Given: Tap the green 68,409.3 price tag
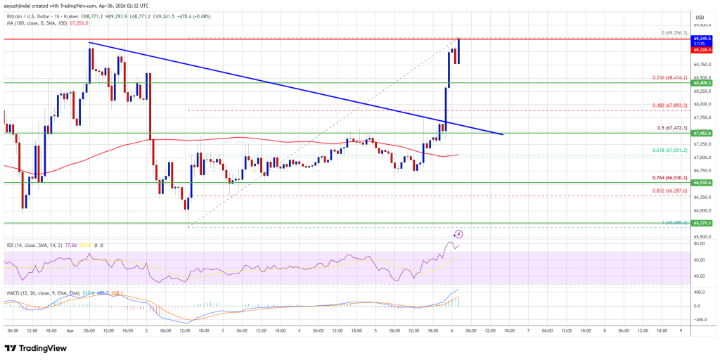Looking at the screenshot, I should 703,83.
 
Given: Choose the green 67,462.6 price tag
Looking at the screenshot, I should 703,132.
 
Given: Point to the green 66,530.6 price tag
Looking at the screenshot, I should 703,183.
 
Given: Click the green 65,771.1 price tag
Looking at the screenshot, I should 703,223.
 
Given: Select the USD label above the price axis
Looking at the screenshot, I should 700,17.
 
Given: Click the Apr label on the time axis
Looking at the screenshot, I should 70,330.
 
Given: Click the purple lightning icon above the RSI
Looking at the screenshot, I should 458,233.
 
